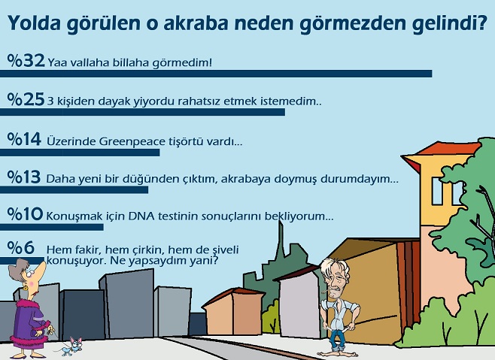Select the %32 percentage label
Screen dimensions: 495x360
(26, 60)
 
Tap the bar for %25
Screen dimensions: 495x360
(142, 112)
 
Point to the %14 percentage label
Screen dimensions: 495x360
(24, 139)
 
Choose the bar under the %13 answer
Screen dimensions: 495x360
(74, 189)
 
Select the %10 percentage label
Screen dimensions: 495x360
(25, 214)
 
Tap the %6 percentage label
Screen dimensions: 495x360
(21, 247)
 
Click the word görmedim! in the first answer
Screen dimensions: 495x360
(182, 63)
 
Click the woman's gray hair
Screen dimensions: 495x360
(20, 268)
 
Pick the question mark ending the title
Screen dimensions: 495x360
(481, 23)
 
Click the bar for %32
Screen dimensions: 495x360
(216, 74)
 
